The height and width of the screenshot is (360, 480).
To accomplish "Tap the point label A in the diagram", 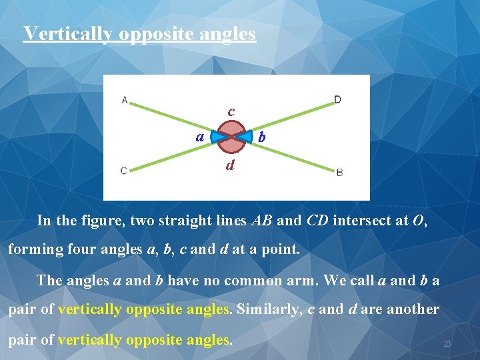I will tap(125, 101).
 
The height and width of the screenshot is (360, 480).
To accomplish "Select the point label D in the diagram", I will tap(337, 100).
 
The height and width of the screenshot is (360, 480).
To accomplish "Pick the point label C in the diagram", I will tap(124, 171).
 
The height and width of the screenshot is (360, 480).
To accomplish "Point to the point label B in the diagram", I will tap(339, 172).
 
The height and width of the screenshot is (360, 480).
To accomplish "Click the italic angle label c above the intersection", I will tap(231, 111).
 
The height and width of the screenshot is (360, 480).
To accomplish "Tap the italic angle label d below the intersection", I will tap(230, 165).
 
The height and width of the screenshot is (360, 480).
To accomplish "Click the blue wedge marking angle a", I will tap(217, 137).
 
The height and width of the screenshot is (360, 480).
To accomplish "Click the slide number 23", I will tap(447, 343).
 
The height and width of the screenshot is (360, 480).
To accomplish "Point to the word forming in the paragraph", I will tap(31, 251).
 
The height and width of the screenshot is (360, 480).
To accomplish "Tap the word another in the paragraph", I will tap(413, 310).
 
